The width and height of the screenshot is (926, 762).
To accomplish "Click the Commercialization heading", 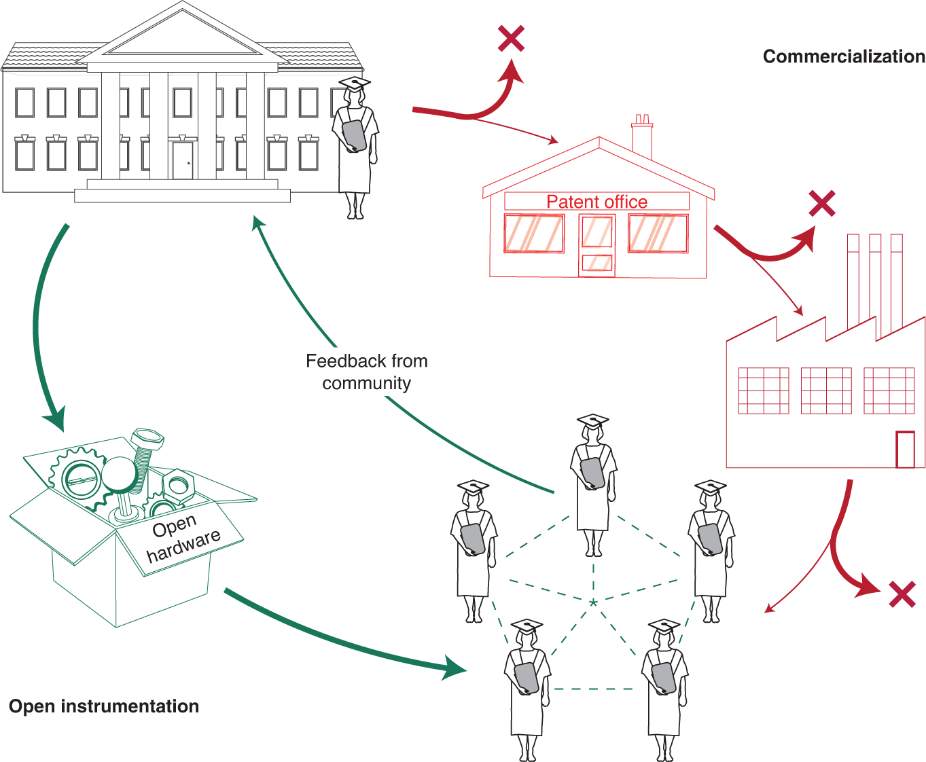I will (843, 56).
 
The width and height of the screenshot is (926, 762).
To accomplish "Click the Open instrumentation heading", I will (104, 706).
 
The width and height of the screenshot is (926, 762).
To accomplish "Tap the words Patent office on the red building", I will (596, 202).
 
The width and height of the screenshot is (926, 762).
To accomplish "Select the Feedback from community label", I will (367, 371).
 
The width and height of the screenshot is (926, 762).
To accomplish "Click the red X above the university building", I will (511, 39).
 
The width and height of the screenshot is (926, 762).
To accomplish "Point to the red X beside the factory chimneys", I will (822, 204).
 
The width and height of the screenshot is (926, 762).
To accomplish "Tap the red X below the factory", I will (902, 595).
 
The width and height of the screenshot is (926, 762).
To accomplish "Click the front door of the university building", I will (182, 160).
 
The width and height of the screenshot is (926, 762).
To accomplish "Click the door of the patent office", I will (597, 245).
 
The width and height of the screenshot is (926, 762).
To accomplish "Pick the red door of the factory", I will (905, 449).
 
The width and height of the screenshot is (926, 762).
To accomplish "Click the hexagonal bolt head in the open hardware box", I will (147, 439).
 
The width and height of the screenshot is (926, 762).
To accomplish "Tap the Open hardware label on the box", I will (182, 538).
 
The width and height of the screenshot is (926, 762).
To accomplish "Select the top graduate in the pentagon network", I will (592, 482).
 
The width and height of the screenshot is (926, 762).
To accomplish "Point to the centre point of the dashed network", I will (593, 602).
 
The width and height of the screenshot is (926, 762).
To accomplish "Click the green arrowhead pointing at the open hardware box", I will (56, 417).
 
